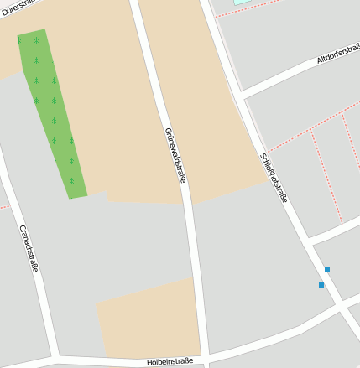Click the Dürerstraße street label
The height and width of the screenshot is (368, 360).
pos(21,7)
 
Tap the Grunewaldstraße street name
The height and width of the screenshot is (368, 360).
pos(175,155)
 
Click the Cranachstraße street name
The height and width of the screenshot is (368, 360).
pos(29,247)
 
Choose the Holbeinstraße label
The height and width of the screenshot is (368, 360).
pos(170,361)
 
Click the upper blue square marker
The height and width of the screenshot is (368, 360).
pos(327,269)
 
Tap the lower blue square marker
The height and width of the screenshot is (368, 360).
pos(321,285)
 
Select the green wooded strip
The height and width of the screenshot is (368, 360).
pos(53,113)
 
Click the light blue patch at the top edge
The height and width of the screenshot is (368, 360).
pos(242,3)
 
